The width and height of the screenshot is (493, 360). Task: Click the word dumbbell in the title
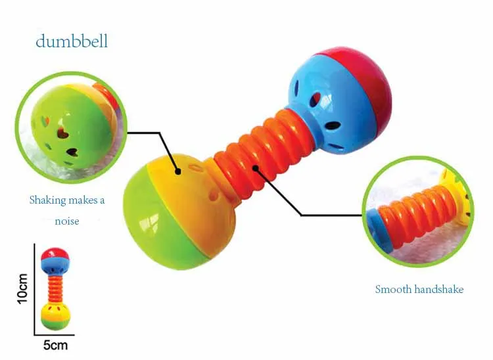click(72, 41)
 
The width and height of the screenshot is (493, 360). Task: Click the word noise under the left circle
click(66, 221)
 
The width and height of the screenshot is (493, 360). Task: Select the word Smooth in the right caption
click(393, 289)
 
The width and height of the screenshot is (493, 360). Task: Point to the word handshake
click(439, 289)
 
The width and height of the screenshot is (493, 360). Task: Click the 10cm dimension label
click(23, 288)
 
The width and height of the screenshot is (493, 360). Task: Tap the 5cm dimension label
click(55, 344)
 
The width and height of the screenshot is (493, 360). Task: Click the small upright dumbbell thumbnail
click(55, 289)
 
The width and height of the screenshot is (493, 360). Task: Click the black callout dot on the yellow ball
click(177, 172)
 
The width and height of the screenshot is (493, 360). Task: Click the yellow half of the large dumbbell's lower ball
click(191, 197)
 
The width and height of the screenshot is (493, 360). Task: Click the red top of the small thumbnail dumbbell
click(55, 253)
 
